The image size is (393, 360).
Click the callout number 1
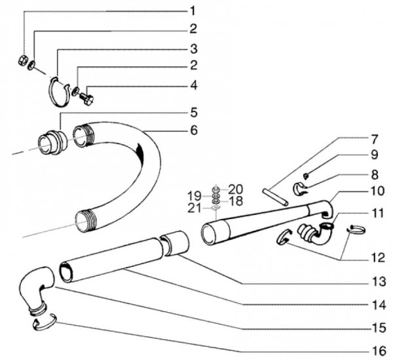pyautogui.click(x=193, y=10)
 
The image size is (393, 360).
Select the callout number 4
pyautogui.click(x=193, y=85)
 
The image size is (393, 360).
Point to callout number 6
pyautogui.click(x=193, y=130)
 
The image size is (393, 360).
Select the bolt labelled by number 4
pyautogui.click(x=88, y=98)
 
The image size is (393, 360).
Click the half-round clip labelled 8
pyautogui.click(x=303, y=188)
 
